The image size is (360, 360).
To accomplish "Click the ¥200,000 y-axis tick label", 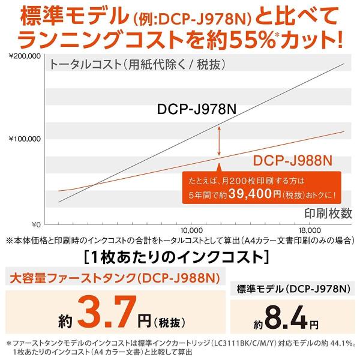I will click(24, 56).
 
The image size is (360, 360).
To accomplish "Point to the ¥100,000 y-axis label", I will click(24, 139).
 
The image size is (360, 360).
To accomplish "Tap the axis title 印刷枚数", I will click(325, 213).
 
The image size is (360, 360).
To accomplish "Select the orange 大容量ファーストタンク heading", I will click(112, 277).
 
